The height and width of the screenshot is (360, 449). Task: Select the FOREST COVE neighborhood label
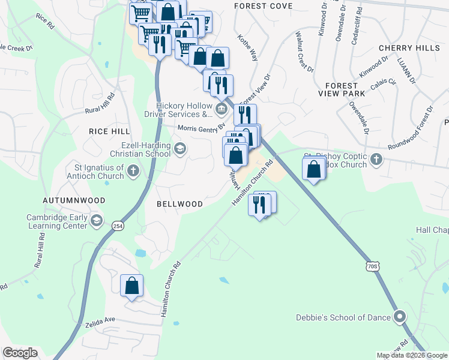[x=264, y=6]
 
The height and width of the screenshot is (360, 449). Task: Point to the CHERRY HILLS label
[x=405, y=48]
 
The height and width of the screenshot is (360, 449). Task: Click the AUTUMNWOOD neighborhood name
[x=74, y=200]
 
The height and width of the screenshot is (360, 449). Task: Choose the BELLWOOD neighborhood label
[x=179, y=204]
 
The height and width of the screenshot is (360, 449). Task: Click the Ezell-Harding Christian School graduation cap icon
[x=179, y=148]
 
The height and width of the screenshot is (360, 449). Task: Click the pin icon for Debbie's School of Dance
[x=400, y=317]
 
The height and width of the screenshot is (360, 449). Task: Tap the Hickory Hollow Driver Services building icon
[x=221, y=109]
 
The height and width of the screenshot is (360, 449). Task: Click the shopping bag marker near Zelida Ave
[x=131, y=286]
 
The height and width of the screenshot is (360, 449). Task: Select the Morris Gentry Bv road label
[x=200, y=128]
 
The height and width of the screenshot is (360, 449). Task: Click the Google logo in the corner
[x=20, y=353]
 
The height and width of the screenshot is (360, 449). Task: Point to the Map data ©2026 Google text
[x=412, y=355]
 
